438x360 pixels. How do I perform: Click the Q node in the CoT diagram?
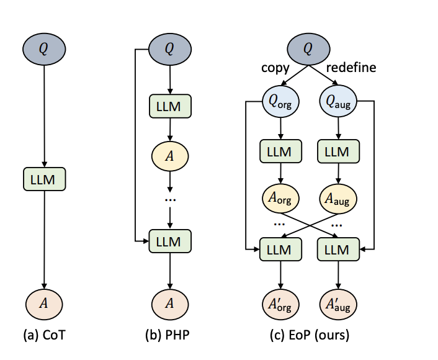tap(43, 48)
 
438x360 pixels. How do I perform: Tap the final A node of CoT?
tap(43, 304)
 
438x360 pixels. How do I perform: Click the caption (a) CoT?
tap(43, 336)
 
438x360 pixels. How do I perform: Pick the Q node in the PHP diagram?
tap(170, 48)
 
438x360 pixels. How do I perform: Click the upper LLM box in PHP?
tap(170, 106)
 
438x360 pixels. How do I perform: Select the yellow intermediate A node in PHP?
tap(170, 155)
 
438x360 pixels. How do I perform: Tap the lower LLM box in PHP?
tap(170, 240)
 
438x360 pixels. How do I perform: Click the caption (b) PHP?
tap(170, 336)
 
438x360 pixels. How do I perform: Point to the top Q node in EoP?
tap(308, 48)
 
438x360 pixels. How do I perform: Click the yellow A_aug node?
tap(337, 199)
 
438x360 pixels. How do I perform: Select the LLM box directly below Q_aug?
tap(337, 151)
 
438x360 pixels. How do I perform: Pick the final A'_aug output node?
tap(337, 304)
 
